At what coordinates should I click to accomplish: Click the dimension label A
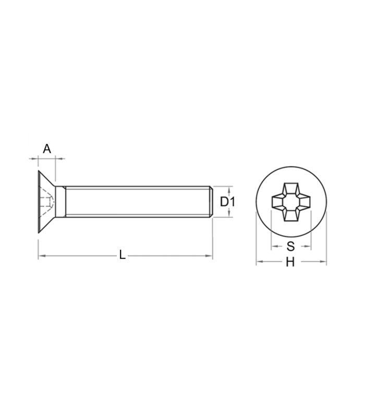point(47,149)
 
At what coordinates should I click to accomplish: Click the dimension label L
point(122,255)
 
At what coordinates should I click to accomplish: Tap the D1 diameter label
point(227,202)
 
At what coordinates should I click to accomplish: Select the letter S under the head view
point(291,246)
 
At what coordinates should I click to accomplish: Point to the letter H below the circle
point(290,262)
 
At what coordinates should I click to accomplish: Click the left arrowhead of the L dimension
point(42,256)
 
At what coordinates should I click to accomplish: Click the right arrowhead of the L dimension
point(209,256)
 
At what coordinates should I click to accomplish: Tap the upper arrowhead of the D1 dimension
point(229,189)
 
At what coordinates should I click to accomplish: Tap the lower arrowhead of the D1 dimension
point(229,214)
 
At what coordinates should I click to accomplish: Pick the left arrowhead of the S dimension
point(274,246)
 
